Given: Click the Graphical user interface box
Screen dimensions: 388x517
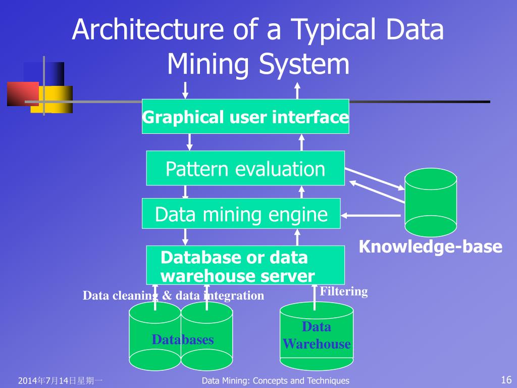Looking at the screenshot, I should coord(245,117).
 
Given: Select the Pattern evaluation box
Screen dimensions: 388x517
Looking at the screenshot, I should coord(245,168).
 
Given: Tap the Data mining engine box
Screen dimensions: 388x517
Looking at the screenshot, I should coord(241,214).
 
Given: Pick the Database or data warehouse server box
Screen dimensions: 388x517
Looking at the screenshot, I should coord(245,266).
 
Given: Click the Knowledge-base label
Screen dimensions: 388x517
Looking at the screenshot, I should coord(431,247).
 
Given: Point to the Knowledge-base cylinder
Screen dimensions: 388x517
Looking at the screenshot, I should coord(431,203).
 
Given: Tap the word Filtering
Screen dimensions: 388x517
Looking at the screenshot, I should coord(344,292).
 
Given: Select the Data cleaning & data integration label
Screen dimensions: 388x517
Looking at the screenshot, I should coord(173,296).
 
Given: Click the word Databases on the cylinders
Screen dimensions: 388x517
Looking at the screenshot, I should coord(183,339).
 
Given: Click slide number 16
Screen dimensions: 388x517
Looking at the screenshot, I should coord(506,380).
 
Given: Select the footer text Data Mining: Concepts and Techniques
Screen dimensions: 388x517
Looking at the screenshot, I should coord(275,381).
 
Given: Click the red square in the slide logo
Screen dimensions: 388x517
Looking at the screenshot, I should coord(22,93).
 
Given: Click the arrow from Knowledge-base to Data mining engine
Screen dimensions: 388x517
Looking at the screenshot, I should coord(371,215).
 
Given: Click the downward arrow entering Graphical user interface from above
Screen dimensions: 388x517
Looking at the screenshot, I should coord(185,90).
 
